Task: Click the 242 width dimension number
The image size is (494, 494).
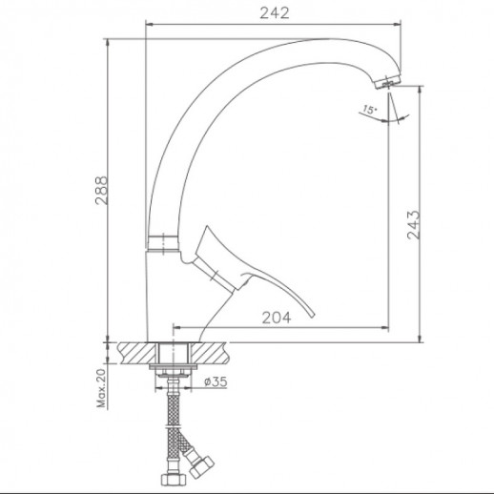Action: (x=275, y=13)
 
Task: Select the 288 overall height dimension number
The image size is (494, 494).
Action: (x=102, y=190)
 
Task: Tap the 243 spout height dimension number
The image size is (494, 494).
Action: (x=414, y=224)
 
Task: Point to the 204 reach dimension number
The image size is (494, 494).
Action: (x=277, y=318)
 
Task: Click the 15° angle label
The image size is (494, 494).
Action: (x=370, y=110)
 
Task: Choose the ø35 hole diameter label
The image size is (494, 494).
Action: (x=216, y=381)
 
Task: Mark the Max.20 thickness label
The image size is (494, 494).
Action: (x=101, y=388)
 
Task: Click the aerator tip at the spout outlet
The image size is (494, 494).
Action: (x=387, y=83)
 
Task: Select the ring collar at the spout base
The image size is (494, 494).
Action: (x=162, y=243)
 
